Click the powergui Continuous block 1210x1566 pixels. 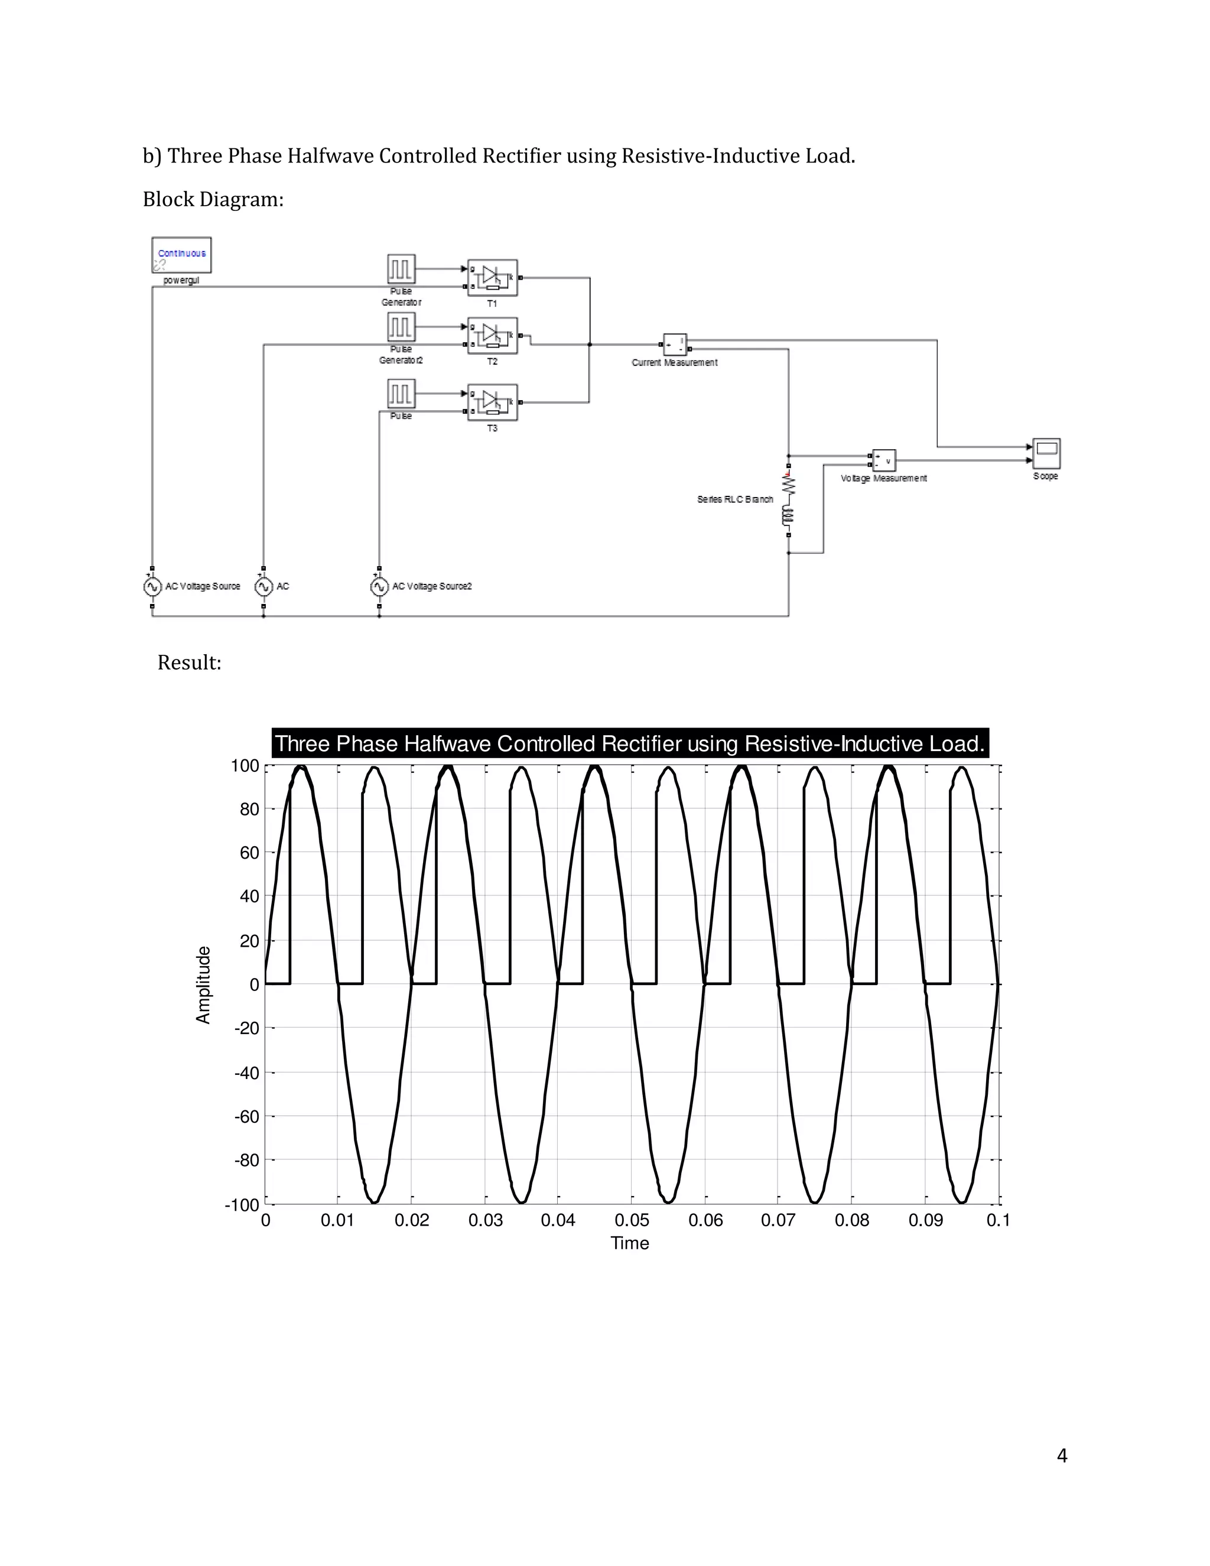pos(181,255)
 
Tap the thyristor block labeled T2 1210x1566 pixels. pos(493,336)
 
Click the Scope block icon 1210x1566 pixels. pos(1046,454)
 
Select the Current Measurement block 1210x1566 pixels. pos(675,345)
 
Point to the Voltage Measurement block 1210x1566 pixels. pos(884,460)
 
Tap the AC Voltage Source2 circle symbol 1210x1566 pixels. pos(379,587)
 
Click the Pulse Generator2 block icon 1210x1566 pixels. pos(401,327)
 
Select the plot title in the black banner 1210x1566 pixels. pos(629,743)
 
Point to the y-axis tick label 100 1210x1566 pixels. pos(245,766)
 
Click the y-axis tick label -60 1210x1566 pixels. pos(246,1116)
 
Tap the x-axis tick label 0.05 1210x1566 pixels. pos(632,1220)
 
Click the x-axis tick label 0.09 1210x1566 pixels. pos(925,1220)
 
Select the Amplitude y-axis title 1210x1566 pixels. pos(204,985)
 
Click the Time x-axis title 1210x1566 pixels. pos(629,1243)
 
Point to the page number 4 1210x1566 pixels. pos(1062,1455)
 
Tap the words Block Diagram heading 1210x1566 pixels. pos(213,199)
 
